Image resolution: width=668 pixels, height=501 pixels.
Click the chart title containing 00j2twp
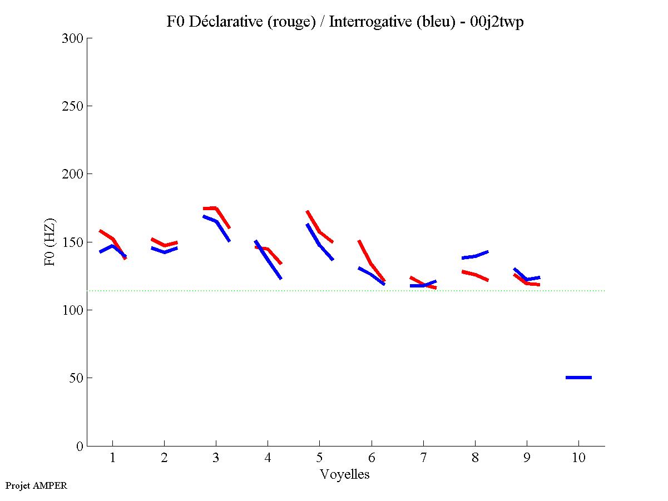345,22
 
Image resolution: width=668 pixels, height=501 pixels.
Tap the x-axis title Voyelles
345,474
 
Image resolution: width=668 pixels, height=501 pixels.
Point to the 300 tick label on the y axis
72,38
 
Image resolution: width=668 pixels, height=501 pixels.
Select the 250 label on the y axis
72,106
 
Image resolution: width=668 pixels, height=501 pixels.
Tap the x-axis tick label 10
578,458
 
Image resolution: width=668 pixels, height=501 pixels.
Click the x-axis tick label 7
423,458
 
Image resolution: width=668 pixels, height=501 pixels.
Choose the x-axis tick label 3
216,458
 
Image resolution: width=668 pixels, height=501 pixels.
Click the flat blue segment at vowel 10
578,378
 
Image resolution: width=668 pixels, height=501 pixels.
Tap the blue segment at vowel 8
475,256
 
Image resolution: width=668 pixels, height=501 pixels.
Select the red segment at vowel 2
165,245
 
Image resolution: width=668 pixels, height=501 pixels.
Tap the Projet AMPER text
36,485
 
